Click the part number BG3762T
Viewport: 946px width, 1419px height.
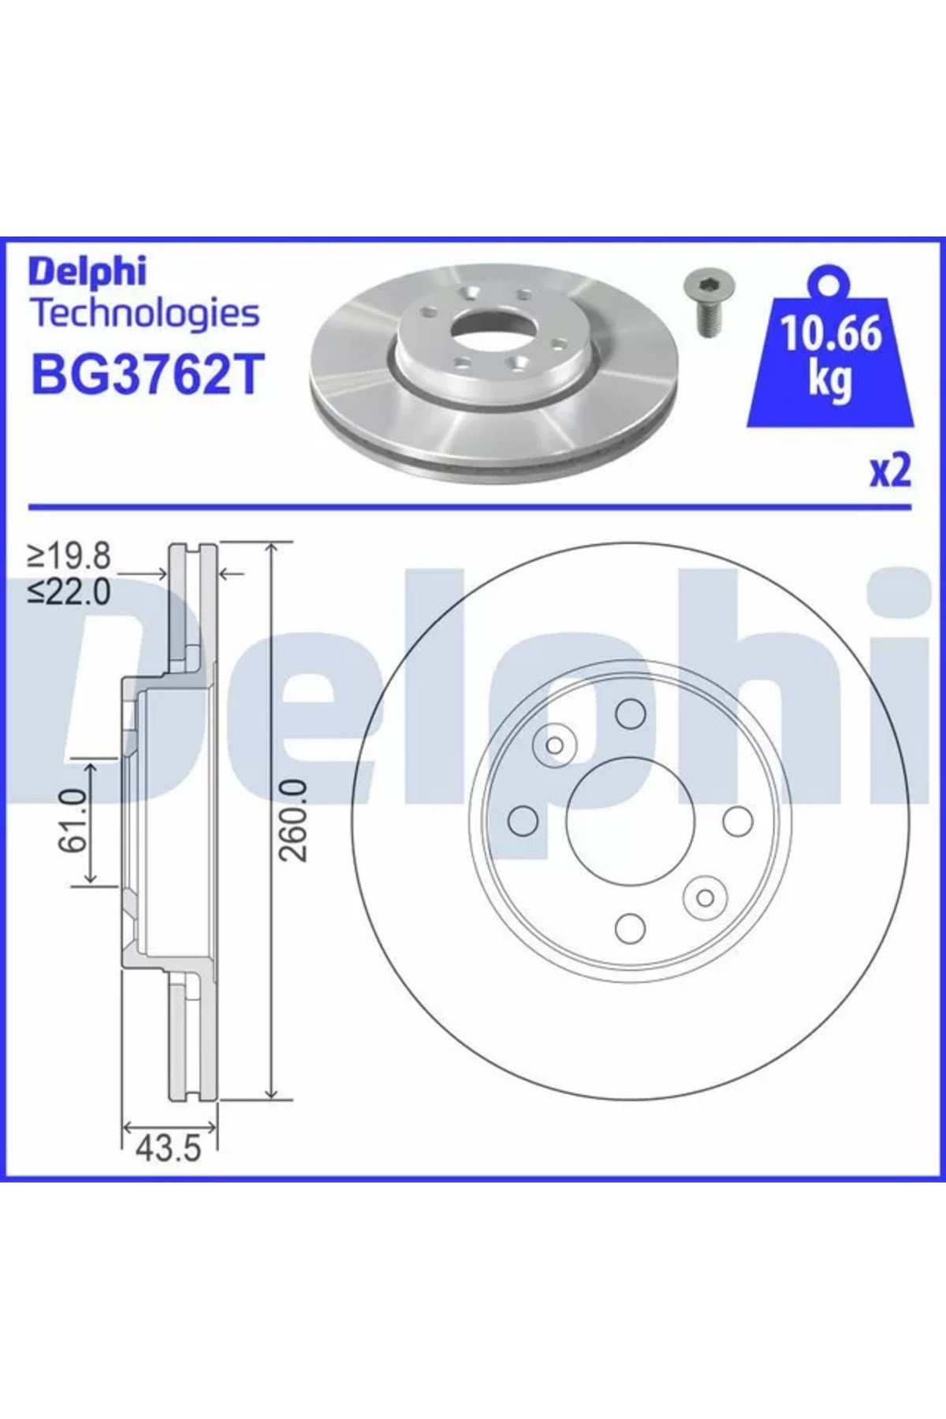pos(145,374)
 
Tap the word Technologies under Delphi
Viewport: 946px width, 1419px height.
pos(144,314)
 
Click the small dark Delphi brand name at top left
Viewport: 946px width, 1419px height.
pos(88,271)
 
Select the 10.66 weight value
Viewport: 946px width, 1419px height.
pos(831,334)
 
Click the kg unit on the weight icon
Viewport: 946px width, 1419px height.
pos(830,380)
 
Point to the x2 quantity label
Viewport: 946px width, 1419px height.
pos(890,471)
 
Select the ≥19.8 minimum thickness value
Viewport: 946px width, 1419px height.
pos(69,557)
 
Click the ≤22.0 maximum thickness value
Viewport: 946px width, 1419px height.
pos(69,591)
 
